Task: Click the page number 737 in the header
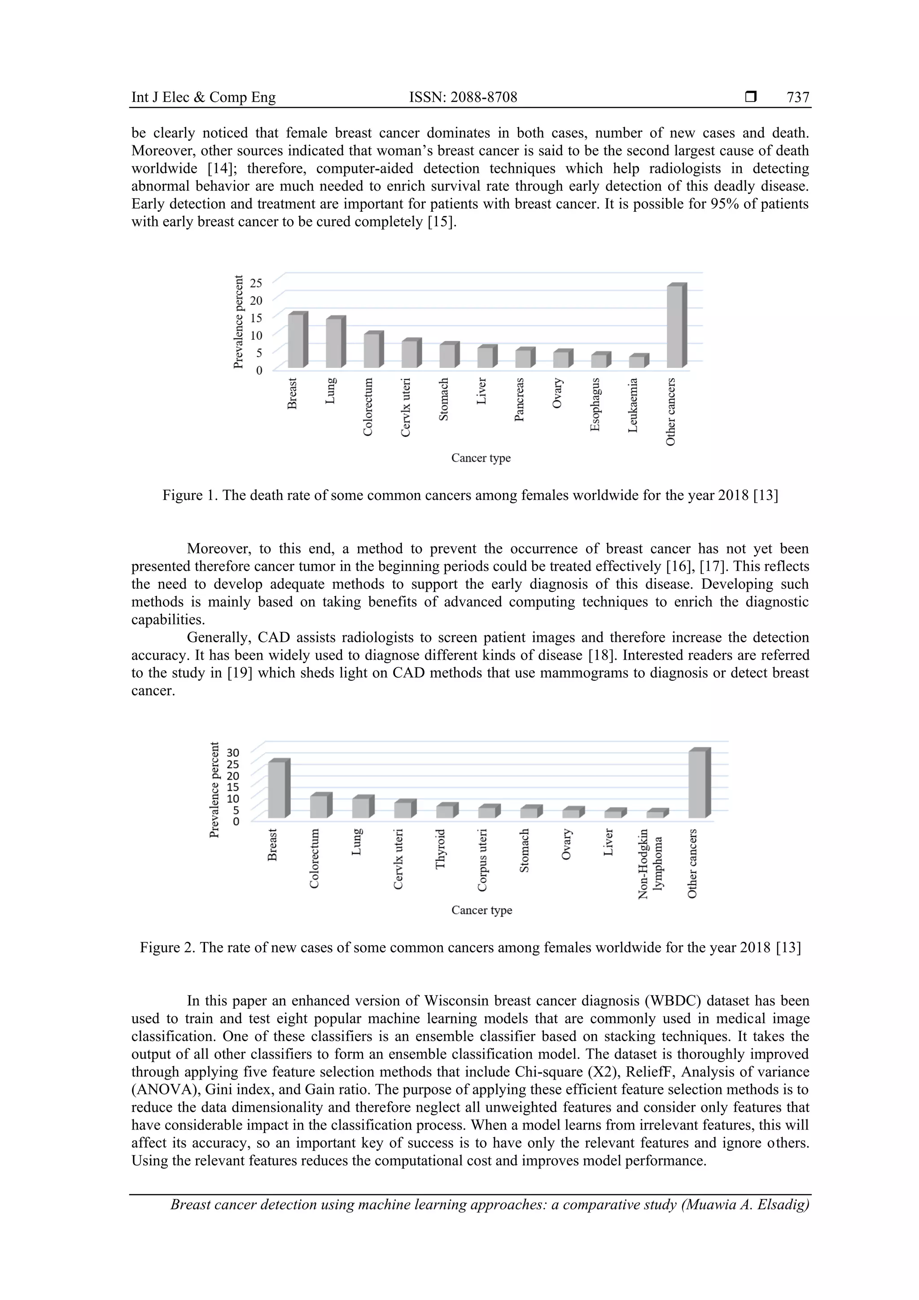(x=797, y=97)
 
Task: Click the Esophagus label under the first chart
(x=595, y=404)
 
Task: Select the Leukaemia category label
(x=633, y=405)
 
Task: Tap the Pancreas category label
(x=519, y=400)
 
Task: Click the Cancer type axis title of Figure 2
(x=481, y=910)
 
